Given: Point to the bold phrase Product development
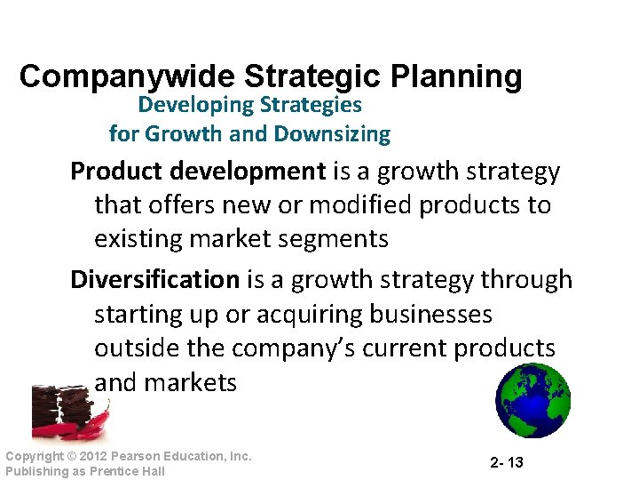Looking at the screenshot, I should pos(198,170).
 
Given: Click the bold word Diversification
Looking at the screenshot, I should pos(154,279).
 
